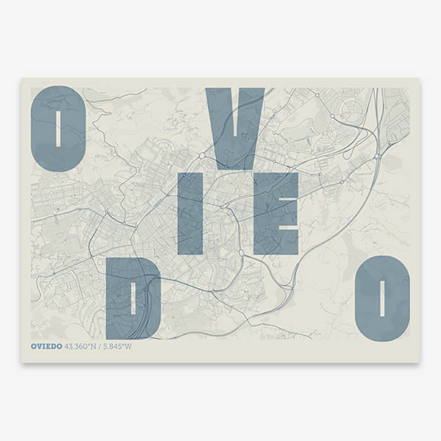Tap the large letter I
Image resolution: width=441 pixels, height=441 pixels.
tap(190, 214)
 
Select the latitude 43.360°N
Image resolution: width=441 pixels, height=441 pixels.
tap(82, 346)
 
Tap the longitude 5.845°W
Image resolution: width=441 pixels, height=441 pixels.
tap(118, 346)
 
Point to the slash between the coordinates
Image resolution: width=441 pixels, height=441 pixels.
tap(101, 346)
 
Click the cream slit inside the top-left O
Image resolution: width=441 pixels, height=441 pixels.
tap(58, 129)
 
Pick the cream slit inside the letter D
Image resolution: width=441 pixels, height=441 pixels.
tap(132, 298)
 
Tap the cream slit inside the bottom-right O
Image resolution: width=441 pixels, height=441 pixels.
tap(381, 298)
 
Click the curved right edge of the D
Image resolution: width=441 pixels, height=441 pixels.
tap(156, 298)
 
